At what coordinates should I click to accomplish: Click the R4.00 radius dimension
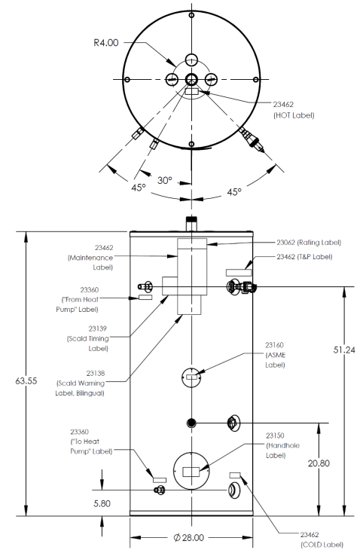click(x=106, y=43)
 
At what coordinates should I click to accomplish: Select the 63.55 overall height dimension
click(x=26, y=380)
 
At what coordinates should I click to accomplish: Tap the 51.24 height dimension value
click(x=344, y=350)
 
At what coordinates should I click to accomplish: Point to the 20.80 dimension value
click(x=319, y=463)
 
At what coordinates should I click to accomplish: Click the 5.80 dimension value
click(x=102, y=504)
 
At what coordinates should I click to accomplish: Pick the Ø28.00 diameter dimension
click(x=188, y=537)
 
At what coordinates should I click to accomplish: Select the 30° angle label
click(x=165, y=180)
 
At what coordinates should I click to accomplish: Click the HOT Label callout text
click(x=294, y=110)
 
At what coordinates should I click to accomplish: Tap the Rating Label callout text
click(x=309, y=243)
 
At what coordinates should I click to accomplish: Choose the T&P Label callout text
click(x=304, y=257)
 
